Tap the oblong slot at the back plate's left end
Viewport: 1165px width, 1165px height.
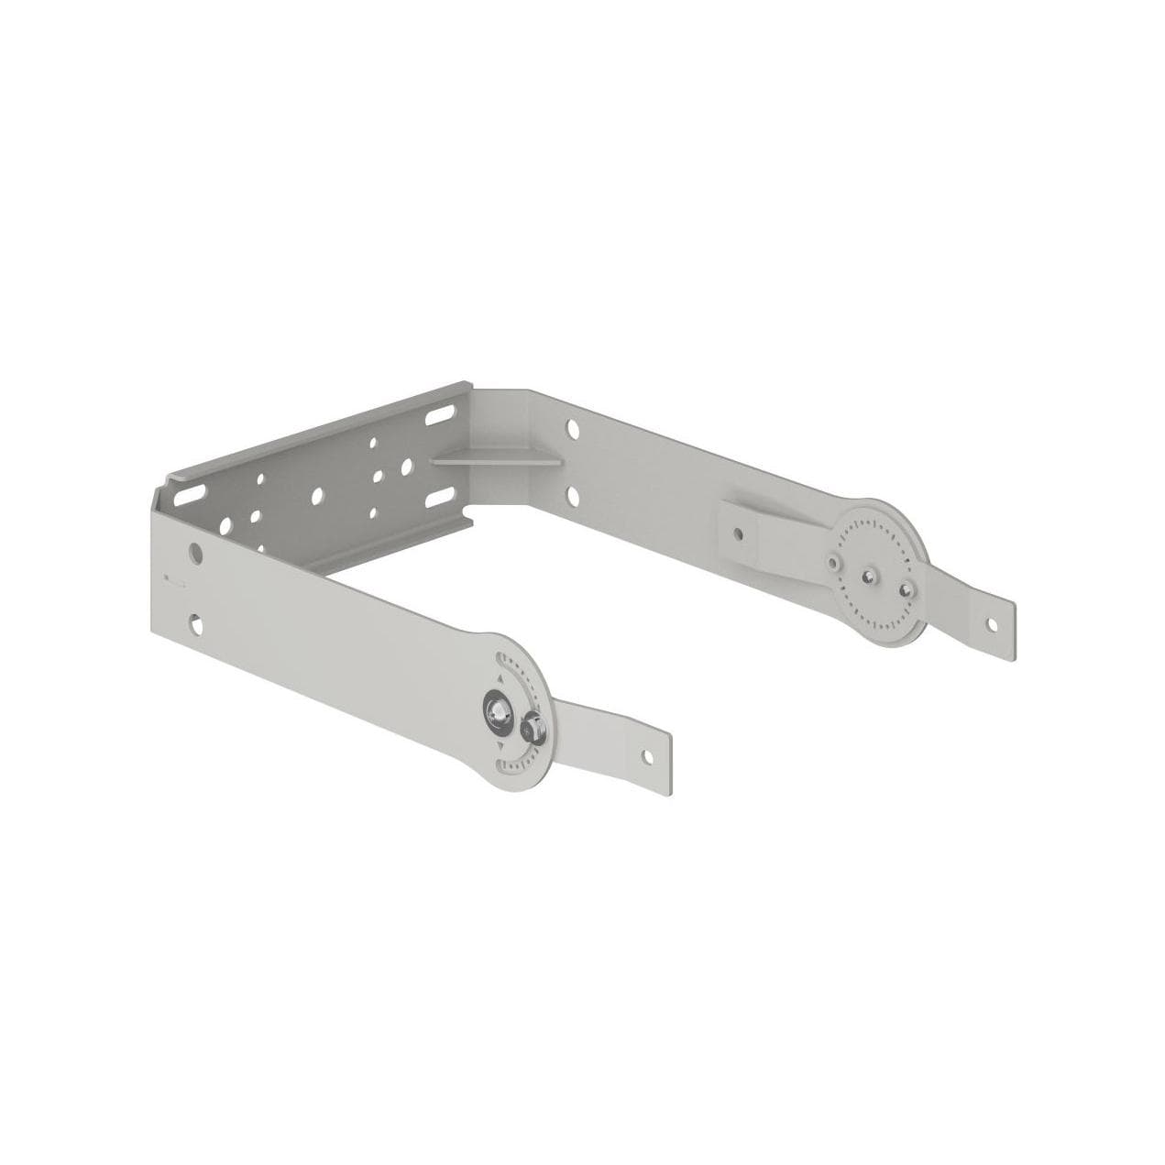pyautogui.click(x=187, y=494)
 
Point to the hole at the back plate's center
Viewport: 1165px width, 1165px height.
pyautogui.click(x=316, y=495)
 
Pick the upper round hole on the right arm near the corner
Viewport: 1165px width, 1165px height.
pyautogui.click(x=572, y=427)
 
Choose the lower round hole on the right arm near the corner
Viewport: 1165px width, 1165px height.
pyautogui.click(x=573, y=495)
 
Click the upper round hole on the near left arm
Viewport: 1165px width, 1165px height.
pyautogui.click(x=195, y=553)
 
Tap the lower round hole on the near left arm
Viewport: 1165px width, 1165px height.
pyautogui.click(x=196, y=624)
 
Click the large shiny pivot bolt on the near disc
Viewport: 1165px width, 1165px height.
pyautogui.click(x=500, y=710)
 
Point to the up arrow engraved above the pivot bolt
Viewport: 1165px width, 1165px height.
pyautogui.click(x=500, y=676)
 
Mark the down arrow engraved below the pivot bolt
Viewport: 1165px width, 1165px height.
pyautogui.click(x=500, y=747)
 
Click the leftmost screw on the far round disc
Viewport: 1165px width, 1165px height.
pyautogui.click(x=833, y=557)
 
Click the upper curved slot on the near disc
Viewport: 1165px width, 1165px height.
pyautogui.click(x=513, y=669)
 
